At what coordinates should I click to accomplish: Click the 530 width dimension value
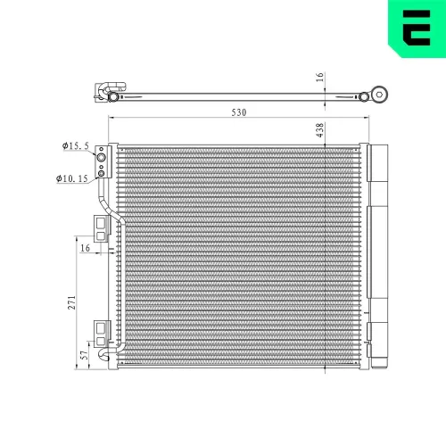[237, 112]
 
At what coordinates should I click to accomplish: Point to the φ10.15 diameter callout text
[71, 178]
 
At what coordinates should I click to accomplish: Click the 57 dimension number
[84, 355]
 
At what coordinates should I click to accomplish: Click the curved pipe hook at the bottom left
[109, 357]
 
